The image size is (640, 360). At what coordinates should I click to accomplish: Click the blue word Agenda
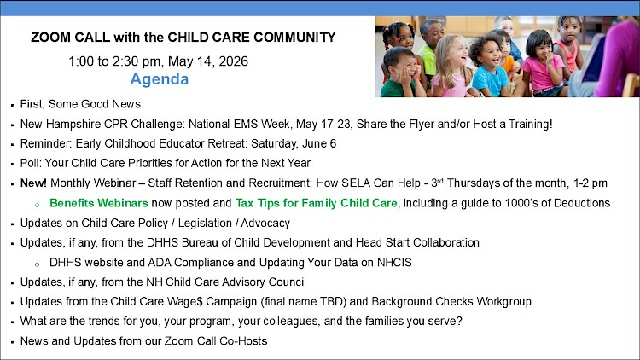(x=160, y=79)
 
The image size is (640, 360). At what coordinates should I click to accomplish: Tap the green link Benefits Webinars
(x=99, y=203)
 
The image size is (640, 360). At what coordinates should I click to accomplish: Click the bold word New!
(x=33, y=183)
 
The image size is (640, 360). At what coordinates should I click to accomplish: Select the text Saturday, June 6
(x=294, y=143)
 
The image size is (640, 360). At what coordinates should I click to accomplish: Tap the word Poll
(x=30, y=163)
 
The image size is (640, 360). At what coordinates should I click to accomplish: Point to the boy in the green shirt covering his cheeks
(x=402, y=73)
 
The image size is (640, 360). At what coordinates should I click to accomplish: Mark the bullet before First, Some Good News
(x=13, y=105)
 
